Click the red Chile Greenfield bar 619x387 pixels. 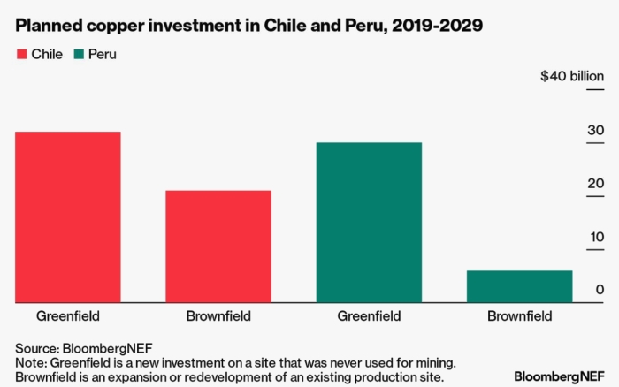[68, 217]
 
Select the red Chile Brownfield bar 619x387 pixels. [218, 247]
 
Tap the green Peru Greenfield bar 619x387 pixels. [369, 223]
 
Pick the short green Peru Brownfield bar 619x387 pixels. [519, 286]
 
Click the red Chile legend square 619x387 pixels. [22, 55]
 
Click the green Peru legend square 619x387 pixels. [80, 55]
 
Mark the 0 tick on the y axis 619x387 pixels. [600, 290]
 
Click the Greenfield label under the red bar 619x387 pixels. [68, 316]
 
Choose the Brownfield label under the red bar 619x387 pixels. [218, 316]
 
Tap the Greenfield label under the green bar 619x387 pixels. [369, 316]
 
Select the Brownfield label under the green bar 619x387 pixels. [519, 316]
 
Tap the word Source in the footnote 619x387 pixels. [34, 348]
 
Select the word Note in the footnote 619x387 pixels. [30, 363]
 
